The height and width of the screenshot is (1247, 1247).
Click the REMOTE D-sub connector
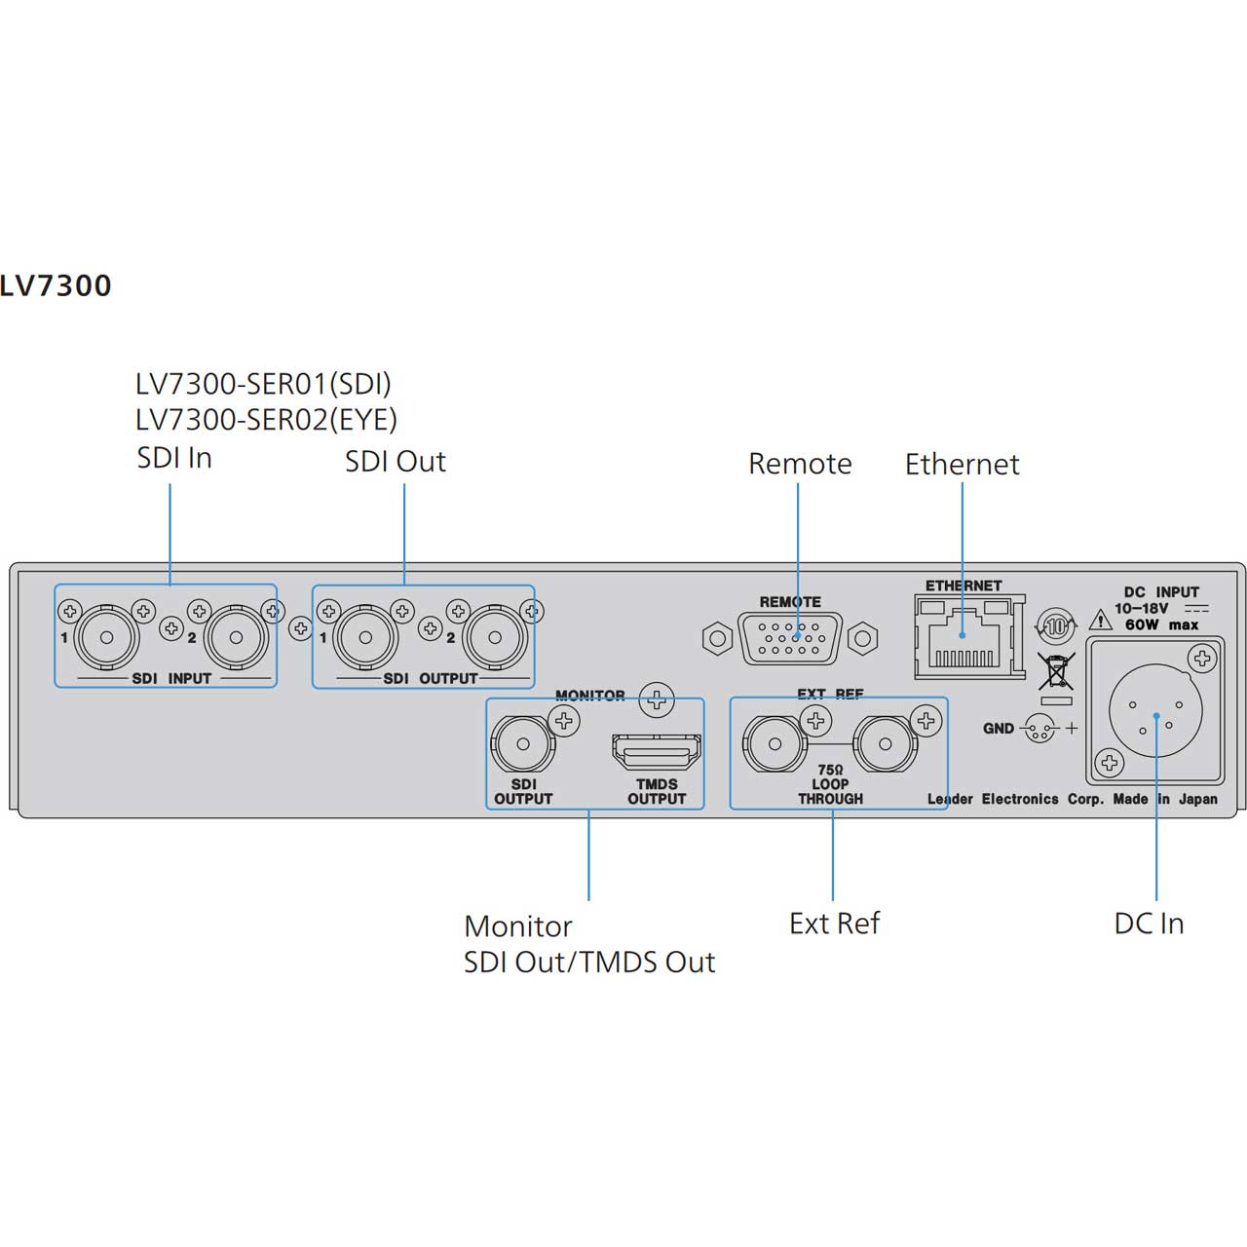point(790,639)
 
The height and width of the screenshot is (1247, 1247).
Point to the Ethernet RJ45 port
point(964,644)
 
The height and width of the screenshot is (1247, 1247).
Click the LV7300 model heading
point(56,285)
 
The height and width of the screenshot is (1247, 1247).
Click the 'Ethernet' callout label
point(962,465)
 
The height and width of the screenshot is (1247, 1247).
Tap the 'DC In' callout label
point(1149,924)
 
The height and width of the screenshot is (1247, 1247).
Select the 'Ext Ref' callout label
point(834,924)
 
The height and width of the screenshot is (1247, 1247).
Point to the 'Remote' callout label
point(799,464)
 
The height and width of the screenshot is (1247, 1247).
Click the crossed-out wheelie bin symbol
point(1056,673)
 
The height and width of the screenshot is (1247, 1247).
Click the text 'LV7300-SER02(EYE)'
point(266,420)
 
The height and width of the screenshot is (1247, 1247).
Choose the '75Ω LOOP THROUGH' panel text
point(830,784)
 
